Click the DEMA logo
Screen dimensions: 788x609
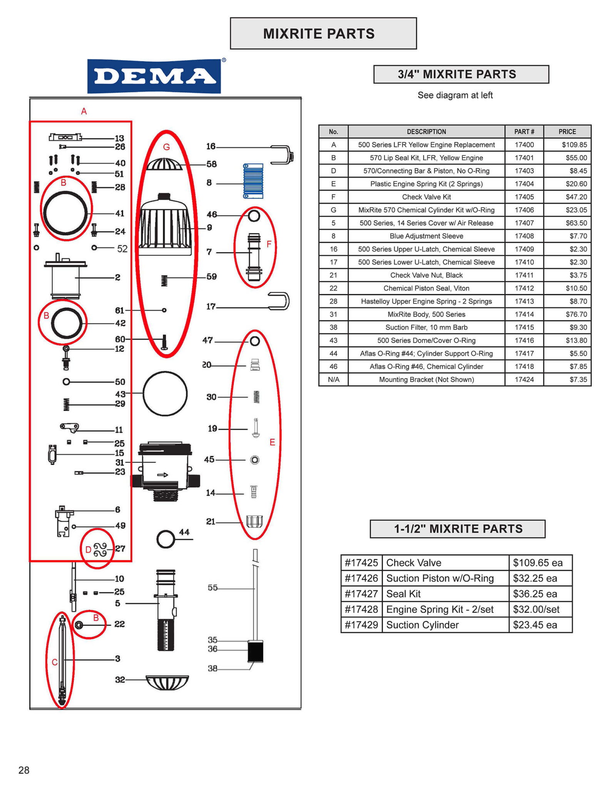[x=154, y=76]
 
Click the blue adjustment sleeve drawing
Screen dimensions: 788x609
[x=253, y=181]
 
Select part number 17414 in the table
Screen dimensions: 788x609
[x=524, y=314]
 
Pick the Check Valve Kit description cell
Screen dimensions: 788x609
[x=426, y=197]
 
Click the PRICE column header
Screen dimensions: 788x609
[x=567, y=132]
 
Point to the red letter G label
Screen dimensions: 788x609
[x=166, y=147]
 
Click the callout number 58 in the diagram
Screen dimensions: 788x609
[x=211, y=164]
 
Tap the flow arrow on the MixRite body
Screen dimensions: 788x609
[x=163, y=475]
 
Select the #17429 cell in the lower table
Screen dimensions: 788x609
[x=361, y=624]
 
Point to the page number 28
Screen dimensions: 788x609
[x=24, y=770]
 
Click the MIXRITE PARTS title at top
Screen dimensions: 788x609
[x=319, y=34]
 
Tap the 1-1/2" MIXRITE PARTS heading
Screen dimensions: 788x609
[x=458, y=529]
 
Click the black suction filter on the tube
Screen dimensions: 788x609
[x=255, y=651]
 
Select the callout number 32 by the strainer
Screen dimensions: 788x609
[x=120, y=680]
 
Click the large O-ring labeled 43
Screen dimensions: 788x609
[x=165, y=394]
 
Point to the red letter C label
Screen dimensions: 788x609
[x=55, y=662]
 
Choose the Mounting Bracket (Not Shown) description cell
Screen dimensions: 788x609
[x=426, y=380]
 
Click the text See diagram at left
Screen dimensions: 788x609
[x=455, y=95]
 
